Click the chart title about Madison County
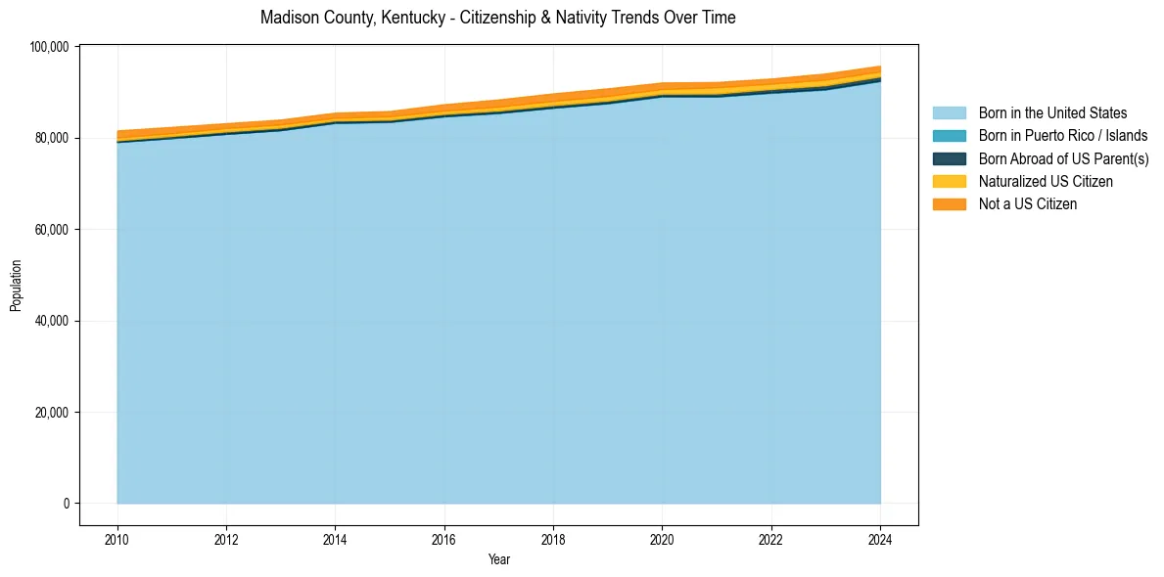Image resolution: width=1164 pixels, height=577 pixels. [x=497, y=18]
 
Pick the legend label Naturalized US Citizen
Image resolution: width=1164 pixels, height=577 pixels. [x=1046, y=182]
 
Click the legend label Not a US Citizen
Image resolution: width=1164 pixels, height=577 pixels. [x=1027, y=204]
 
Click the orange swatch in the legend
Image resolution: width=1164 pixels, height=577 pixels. [x=949, y=204]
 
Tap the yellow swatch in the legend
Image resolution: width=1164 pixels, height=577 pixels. [x=949, y=182]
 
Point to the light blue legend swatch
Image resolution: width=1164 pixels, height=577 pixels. [x=949, y=113]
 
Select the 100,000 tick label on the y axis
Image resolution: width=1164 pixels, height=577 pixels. [x=48, y=47]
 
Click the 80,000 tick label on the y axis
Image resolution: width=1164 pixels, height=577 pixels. [x=51, y=139]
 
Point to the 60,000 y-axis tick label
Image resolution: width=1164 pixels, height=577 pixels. [x=51, y=230]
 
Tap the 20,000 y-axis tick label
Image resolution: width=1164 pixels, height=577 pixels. [x=51, y=413]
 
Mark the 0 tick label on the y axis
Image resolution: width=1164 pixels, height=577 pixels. [x=67, y=504]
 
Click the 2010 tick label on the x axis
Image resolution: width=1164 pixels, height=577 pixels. [x=117, y=539]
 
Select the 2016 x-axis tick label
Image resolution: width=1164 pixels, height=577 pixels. [x=444, y=539]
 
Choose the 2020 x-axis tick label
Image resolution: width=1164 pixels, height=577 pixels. [x=663, y=539]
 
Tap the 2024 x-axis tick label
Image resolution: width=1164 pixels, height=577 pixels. [x=880, y=539]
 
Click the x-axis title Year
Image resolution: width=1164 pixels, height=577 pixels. [x=498, y=559]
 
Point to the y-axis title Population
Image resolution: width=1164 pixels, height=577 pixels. [x=16, y=286]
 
